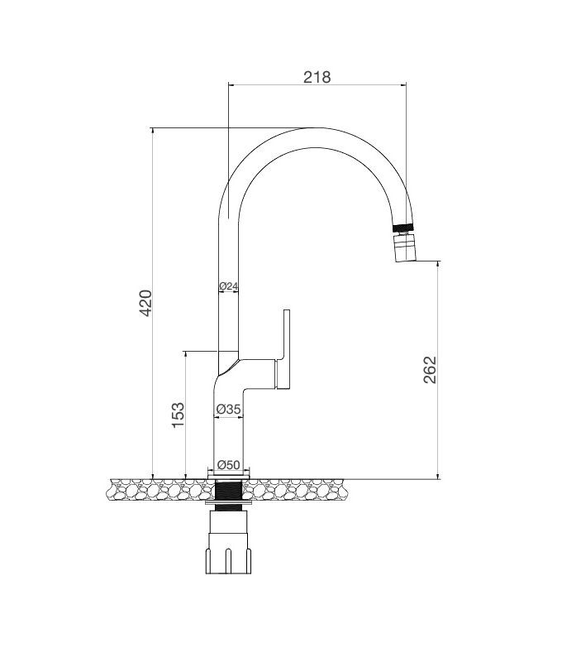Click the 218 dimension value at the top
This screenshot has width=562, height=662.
317,77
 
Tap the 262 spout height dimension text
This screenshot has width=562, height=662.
429,370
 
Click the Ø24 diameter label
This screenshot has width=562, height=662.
228,286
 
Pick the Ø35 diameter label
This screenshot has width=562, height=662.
228,409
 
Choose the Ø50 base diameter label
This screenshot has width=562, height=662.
228,465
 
